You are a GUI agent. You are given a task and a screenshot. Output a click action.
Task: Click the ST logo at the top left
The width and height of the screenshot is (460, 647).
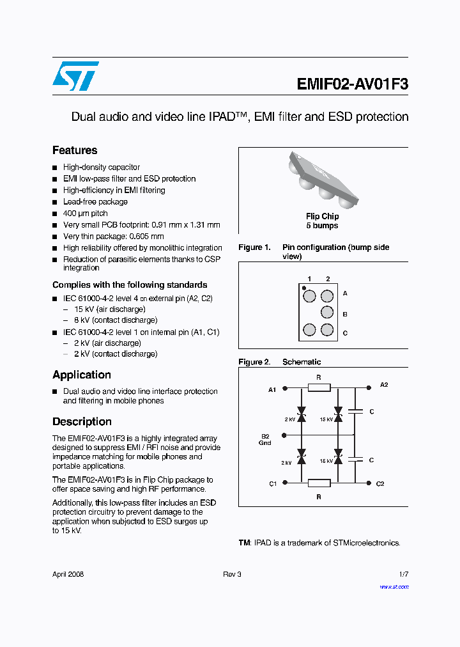[75, 76]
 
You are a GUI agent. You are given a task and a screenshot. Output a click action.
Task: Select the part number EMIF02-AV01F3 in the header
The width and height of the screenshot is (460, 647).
[352, 84]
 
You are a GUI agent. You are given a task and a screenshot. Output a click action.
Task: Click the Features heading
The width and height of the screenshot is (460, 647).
[75, 150]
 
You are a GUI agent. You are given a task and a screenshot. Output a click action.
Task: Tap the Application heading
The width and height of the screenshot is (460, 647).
[82, 375]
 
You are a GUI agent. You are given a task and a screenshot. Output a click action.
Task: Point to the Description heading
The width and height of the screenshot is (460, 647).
[82, 421]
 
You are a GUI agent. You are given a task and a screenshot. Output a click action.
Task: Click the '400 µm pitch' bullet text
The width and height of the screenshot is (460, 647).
[86, 214]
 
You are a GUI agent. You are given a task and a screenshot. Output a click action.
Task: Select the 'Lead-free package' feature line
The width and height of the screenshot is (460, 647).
[95, 202]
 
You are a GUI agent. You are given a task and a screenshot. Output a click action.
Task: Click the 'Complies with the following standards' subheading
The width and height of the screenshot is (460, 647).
[130, 285]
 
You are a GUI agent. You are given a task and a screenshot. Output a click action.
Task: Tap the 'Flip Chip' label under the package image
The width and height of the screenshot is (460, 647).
[322, 217]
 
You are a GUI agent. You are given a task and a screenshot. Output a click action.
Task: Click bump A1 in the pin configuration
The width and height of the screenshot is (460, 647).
[309, 296]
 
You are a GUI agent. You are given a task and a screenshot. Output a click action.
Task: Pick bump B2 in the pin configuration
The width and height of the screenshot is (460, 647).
[327, 313]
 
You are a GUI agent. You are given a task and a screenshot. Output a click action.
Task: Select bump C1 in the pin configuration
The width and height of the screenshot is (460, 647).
[309, 330]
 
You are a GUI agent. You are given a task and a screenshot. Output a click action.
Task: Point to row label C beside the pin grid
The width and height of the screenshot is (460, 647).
[345, 332]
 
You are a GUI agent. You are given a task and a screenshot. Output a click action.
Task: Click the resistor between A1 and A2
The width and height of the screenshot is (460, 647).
[319, 387]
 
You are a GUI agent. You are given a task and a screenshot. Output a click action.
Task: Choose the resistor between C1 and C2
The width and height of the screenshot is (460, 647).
[319, 483]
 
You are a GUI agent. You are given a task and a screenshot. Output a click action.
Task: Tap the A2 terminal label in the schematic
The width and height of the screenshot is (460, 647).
[383, 385]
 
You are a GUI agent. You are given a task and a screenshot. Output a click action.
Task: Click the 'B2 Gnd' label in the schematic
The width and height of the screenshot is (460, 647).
[265, 439]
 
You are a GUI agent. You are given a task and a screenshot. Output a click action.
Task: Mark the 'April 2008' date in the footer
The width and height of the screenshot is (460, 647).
[68, 574]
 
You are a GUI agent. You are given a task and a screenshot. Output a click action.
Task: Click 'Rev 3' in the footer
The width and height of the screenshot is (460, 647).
[232, 574]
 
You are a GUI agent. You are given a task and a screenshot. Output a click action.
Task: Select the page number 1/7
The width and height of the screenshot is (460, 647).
[403, 574]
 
